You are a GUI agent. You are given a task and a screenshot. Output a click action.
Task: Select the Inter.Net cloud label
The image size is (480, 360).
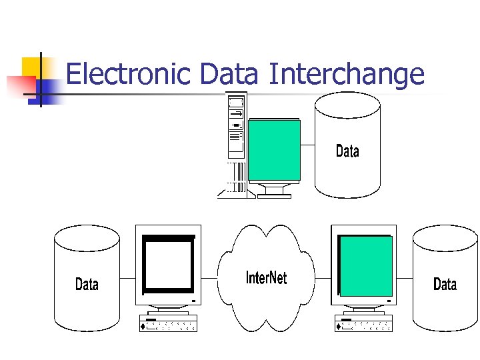click(x=267, y=277)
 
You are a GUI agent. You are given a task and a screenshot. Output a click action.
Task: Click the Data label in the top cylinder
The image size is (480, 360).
click(x=347, y=151)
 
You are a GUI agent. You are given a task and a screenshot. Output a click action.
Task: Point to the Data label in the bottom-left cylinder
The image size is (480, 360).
click(x=87, y=285)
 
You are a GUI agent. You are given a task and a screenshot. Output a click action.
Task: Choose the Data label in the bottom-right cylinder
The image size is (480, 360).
click(x=445, y=285)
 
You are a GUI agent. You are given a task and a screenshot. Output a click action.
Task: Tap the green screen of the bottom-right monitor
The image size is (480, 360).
click(x=365, y=265)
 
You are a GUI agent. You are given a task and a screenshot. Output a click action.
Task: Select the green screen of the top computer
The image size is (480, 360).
click(x=274, y=151)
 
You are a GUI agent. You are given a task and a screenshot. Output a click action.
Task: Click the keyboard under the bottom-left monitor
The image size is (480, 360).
click(x=169, y=324)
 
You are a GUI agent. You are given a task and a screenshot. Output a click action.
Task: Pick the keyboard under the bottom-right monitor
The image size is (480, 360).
click(x=364, y=324)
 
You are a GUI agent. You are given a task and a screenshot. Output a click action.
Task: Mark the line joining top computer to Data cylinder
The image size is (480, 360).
click(x=307, y=144)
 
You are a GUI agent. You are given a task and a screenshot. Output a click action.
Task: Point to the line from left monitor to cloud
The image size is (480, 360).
click(x=209, y=277)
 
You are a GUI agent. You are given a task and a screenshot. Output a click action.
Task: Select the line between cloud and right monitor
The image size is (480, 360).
click(x=323, y=277)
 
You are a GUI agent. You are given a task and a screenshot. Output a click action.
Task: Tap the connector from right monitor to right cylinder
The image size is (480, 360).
click(x=405, y=277)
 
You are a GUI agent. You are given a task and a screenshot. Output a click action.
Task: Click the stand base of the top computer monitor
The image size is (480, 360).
click(x=274, y=195)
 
